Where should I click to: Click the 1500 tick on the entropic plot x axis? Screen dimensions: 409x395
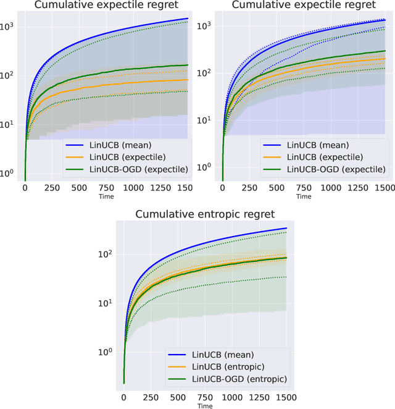[286, 395]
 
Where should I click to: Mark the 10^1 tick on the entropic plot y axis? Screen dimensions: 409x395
[106, 303]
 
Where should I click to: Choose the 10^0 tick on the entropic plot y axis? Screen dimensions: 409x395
[106, 352]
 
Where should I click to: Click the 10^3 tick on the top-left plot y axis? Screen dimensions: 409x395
[9, 27]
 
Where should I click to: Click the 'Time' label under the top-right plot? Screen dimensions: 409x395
[303, 196]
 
